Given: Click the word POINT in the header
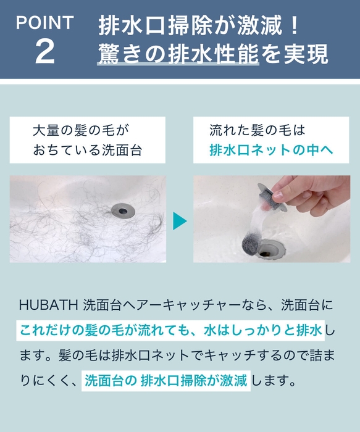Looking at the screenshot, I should pos(44,23).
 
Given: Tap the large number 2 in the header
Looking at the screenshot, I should pos(45,53).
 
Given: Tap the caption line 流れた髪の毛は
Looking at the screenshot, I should pos(257,131).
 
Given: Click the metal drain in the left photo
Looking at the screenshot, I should pos(123,210).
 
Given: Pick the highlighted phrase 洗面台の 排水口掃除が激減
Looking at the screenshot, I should pos(165,380).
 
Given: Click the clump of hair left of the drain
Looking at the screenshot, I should pos(74,216).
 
